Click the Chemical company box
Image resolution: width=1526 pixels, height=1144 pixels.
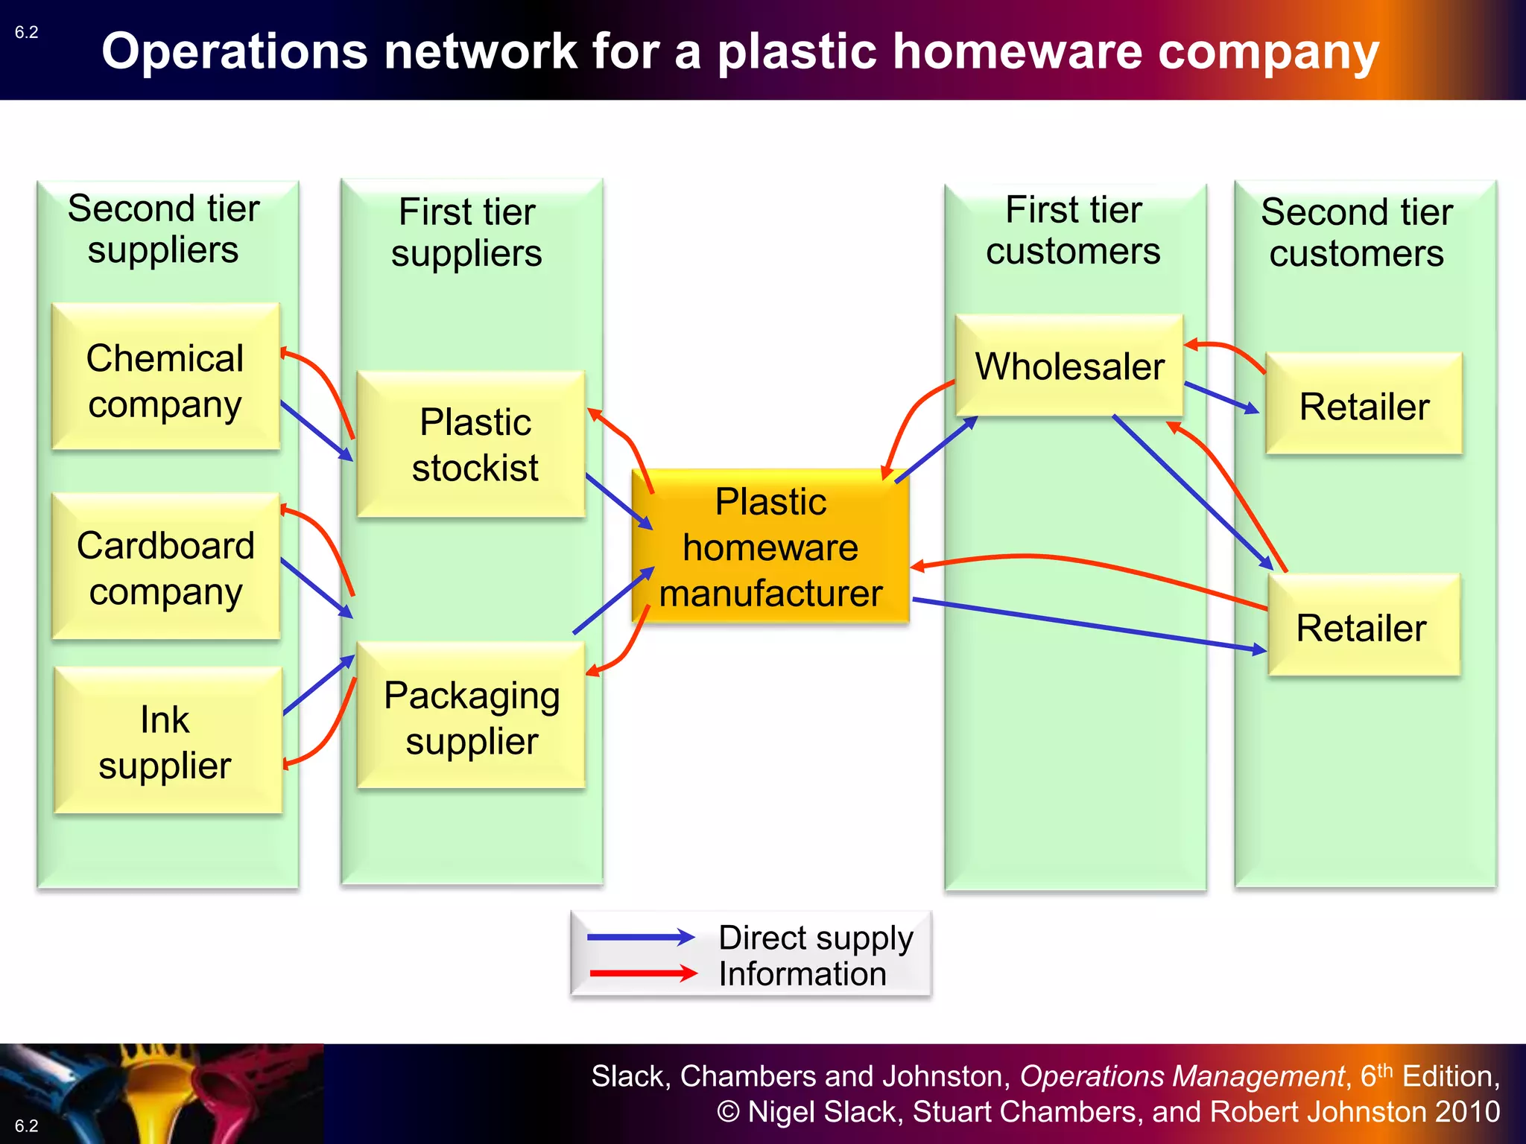[x=165, y=376]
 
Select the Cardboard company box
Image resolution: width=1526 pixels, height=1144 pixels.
[x=165, y=566]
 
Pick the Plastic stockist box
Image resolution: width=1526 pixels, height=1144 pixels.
[x=472, y=444]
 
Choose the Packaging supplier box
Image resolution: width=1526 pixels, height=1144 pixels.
[x=472, y=715]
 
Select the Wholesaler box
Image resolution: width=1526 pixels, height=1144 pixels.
[x=1069, y=365]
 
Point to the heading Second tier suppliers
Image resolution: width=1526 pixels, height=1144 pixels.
[x=163, y=229]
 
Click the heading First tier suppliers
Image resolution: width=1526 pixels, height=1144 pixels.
[x=466, y=232]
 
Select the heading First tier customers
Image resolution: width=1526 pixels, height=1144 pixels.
[x=1073, y=230]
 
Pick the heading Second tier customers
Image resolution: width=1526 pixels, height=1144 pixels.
[x=1356, y=232]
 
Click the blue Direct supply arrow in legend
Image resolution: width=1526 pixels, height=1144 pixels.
[x=641, y=938]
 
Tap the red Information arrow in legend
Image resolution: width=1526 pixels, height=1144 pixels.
[x=642, y=973]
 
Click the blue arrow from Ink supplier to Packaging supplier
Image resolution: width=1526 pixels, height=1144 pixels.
[x=319, y=685]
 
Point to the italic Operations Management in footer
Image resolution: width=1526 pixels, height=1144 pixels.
[x=1182, y=1076]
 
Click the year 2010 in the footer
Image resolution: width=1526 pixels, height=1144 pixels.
[x=1467, y=1111]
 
